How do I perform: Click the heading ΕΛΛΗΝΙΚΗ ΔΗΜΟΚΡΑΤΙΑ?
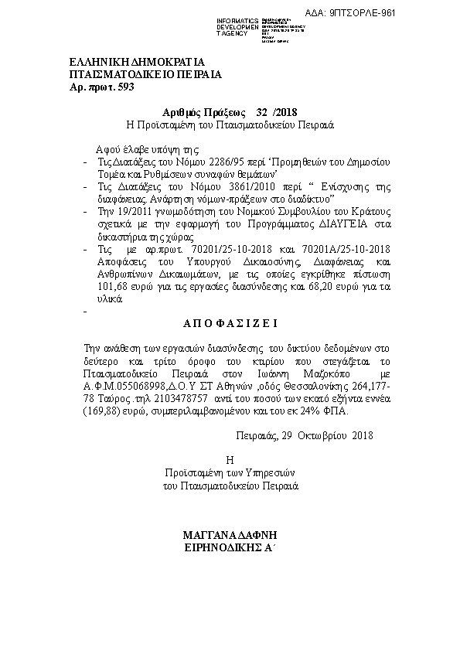(136, 61)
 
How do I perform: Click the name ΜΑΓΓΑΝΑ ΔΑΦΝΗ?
(230, 534)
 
